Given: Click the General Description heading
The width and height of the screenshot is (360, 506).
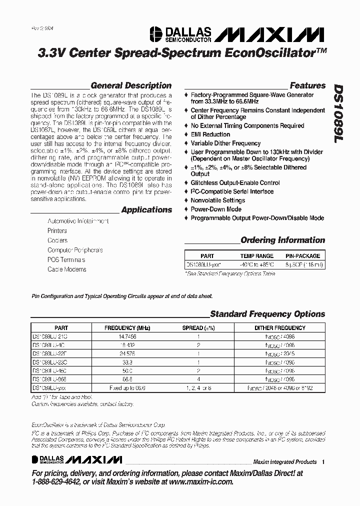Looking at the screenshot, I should tap(131, 85).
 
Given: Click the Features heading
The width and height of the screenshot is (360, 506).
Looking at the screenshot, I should tap(307, 85).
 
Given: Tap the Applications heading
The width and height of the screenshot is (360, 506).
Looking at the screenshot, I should tap(146, 210).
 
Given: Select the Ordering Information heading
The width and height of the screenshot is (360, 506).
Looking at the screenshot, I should tap(282, 240).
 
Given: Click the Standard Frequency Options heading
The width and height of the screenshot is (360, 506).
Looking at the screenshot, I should tap(267, 314).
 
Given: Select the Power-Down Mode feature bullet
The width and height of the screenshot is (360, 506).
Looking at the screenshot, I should tap(215, 209).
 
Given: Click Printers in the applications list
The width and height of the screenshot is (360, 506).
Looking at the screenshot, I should tap(57, 231).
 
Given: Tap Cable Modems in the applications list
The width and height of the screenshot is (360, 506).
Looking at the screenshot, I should tap(66, 269).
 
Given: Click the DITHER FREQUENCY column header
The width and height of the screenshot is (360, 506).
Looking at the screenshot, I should tap(279, 328).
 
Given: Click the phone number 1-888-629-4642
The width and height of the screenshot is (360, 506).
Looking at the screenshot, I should tap(63, 481).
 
